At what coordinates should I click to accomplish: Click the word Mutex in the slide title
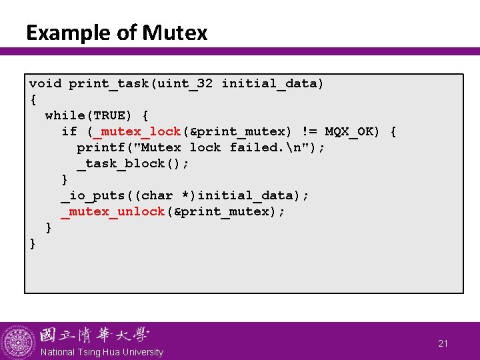[x=175, y=33]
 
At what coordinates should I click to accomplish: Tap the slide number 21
[x=443, y=343]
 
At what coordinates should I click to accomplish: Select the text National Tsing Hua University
[x=101, y=352]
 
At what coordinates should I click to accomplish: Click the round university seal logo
[x=18, y=342]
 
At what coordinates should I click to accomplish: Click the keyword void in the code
[x=45, y=83]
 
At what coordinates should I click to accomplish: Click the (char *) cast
[x=169, y=195]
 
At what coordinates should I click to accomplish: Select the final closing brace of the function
[x=33, y=243]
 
